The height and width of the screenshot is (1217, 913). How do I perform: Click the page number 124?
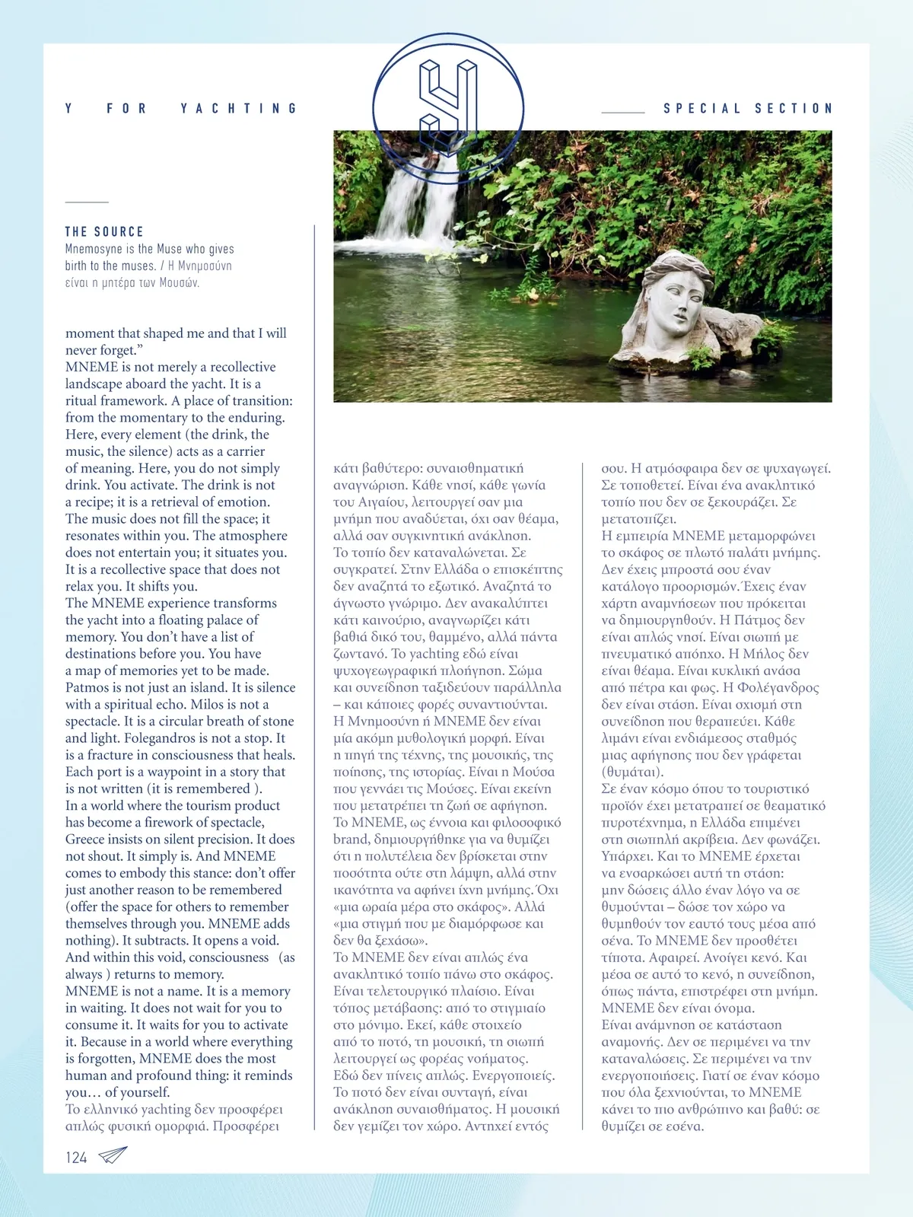(x=76, y=1158)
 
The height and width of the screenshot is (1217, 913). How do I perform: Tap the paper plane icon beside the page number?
(x=113, y=1155)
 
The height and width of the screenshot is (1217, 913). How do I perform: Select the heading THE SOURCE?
(x=104, y=231)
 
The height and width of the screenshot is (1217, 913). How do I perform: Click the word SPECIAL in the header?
(x=702, y=108)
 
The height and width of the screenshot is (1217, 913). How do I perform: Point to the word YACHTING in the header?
(x=238, y=108)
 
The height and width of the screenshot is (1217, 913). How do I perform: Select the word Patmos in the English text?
(x=87, y=687)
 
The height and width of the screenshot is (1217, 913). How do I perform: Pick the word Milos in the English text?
(x=207, y=704)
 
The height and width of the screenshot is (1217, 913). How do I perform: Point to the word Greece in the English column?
(x=85, y=839)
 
